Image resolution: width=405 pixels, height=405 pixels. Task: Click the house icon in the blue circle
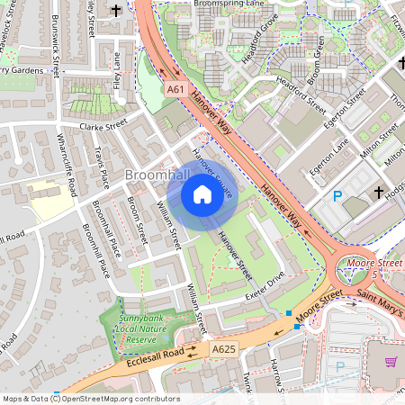(x=202, y=193)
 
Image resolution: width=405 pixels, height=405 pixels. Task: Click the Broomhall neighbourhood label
(x=157, y=174)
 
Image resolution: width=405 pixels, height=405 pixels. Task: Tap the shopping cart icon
(x=391, y=362)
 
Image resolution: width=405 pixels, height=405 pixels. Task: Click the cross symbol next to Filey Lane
(x=117, y=12)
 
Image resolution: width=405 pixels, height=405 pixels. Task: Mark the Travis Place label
(x=103, y=166)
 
